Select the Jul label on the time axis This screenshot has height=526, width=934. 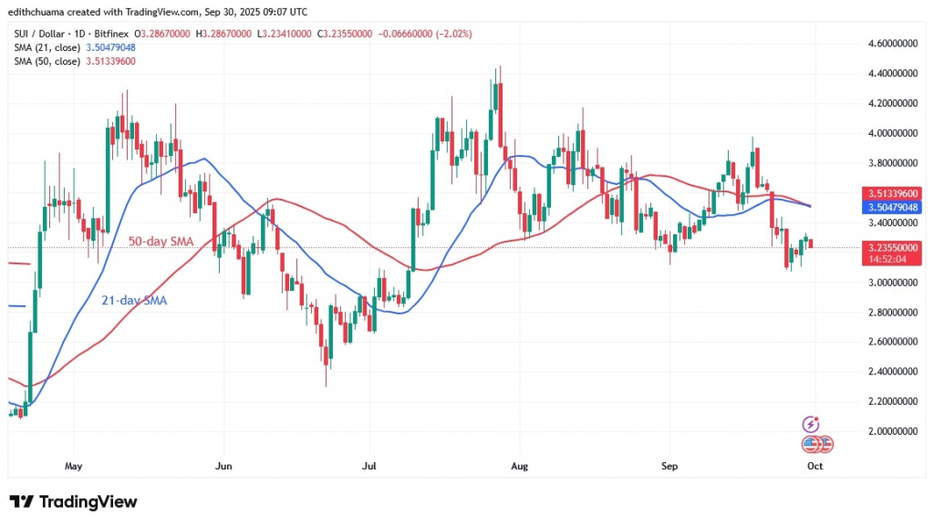click(368, 466)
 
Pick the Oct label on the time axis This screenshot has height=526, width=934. click(815, 466)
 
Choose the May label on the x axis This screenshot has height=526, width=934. click(74, 466)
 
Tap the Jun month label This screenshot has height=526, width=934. click(223, 466)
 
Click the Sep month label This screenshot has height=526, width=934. click(669, 466)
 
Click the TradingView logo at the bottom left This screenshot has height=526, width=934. click(73, 501)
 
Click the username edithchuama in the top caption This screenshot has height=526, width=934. click(44, 12)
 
